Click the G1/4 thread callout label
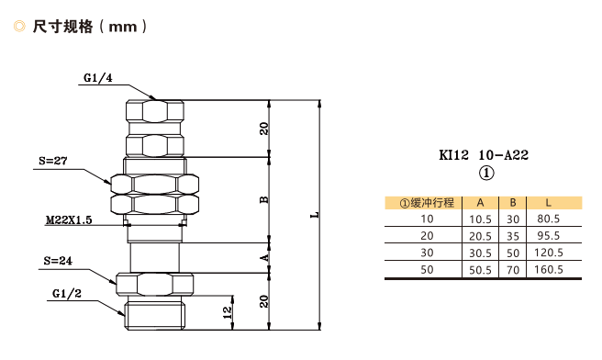click(x=98, y=78)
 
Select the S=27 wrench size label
click(x=53, y=161)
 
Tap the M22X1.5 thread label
click(x=69, y=220)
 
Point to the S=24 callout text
click(x=58, y=261)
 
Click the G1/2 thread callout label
click(x=67, y=294)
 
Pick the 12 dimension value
click(x=228, y=311)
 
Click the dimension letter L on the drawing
click(x=315, y=215)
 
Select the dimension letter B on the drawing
click(x=264, y=200)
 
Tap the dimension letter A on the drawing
click(x=264, y=258)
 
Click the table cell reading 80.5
click(x=548, y=219)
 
